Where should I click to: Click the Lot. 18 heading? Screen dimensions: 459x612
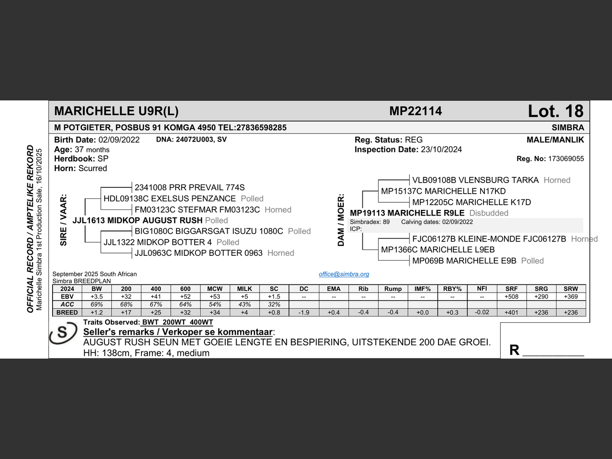555,111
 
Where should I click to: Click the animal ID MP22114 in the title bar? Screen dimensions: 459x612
415,111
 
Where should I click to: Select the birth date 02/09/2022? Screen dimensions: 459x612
119,140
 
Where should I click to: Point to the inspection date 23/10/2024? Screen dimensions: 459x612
441,150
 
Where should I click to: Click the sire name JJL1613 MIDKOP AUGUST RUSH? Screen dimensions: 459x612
137,220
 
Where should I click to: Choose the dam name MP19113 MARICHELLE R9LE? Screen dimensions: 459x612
407,213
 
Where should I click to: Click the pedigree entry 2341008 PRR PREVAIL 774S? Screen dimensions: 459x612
189,187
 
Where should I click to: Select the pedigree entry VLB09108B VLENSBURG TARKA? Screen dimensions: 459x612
475,180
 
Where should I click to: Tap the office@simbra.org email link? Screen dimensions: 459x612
344,274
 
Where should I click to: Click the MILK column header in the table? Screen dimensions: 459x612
244,289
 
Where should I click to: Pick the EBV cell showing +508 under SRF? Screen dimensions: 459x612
511,296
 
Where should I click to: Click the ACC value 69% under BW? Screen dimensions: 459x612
97,305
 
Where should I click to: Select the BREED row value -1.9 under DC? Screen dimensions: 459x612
304,312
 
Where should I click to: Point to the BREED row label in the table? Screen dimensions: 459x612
67,312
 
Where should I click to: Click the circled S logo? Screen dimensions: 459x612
63,333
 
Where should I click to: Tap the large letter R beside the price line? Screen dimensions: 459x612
514,350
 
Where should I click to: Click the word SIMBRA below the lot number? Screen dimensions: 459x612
568,128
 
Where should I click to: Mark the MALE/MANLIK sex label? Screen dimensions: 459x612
555,140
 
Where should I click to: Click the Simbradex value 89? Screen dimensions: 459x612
386,222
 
